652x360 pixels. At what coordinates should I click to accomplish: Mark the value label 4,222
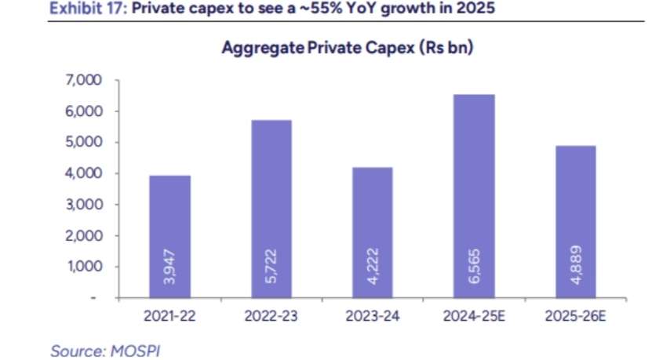[373, 268]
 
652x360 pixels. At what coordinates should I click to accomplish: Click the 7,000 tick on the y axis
[85, 81]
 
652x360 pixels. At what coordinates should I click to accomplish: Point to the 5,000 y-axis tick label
[85, 143]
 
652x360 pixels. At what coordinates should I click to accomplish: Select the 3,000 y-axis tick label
[85, 205]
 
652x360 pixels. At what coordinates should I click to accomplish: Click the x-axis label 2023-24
[373, 316]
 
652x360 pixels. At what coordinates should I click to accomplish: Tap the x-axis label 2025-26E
[574, 316]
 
